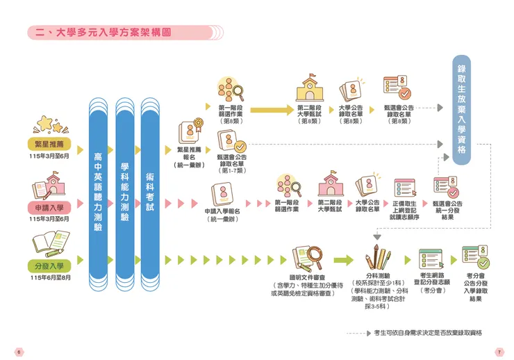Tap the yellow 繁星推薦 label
[x=53, y=145]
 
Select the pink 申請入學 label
[x=53, y=207]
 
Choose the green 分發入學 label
[x=53, y=265]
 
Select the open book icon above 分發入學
[x=50, y=245]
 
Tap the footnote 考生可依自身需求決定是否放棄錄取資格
[x=428, y=333]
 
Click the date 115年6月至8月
[x=51, y=278]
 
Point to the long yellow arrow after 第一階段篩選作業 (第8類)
[x=272, y=108]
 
